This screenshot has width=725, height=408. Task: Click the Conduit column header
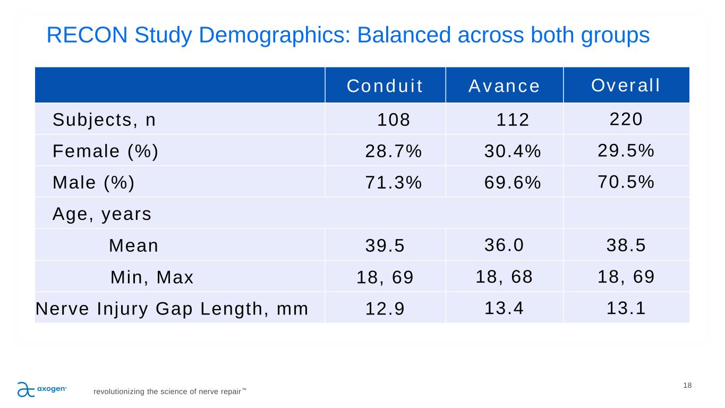tap(385, 86)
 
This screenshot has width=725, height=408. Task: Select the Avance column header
tap(504, 86)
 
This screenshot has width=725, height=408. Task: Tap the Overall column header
tap(626, 85)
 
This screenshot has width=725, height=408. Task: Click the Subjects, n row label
tap(104, 121)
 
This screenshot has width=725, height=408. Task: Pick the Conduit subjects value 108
tap(394, 121)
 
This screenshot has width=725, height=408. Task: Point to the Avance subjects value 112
tap(513, 121)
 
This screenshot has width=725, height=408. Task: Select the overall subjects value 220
tap(626, 120)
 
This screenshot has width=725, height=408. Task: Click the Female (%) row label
tap(106, 152)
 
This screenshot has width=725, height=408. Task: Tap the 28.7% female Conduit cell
tap(394, 152)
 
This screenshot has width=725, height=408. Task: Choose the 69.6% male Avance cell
tap(513, 183)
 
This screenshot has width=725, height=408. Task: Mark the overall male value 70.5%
tap(626, 182)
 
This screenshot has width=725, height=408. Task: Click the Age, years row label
tap(102, 215)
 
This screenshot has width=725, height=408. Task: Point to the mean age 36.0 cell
tap(505, 245)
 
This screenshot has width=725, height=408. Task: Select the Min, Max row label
tap(152, 277)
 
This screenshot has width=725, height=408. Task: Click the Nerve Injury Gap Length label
tap(172, 309)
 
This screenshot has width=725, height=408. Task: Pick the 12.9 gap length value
tap(385, 309)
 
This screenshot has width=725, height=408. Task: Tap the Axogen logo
tap(42, 389)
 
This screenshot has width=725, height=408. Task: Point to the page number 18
tap(687, 386)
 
